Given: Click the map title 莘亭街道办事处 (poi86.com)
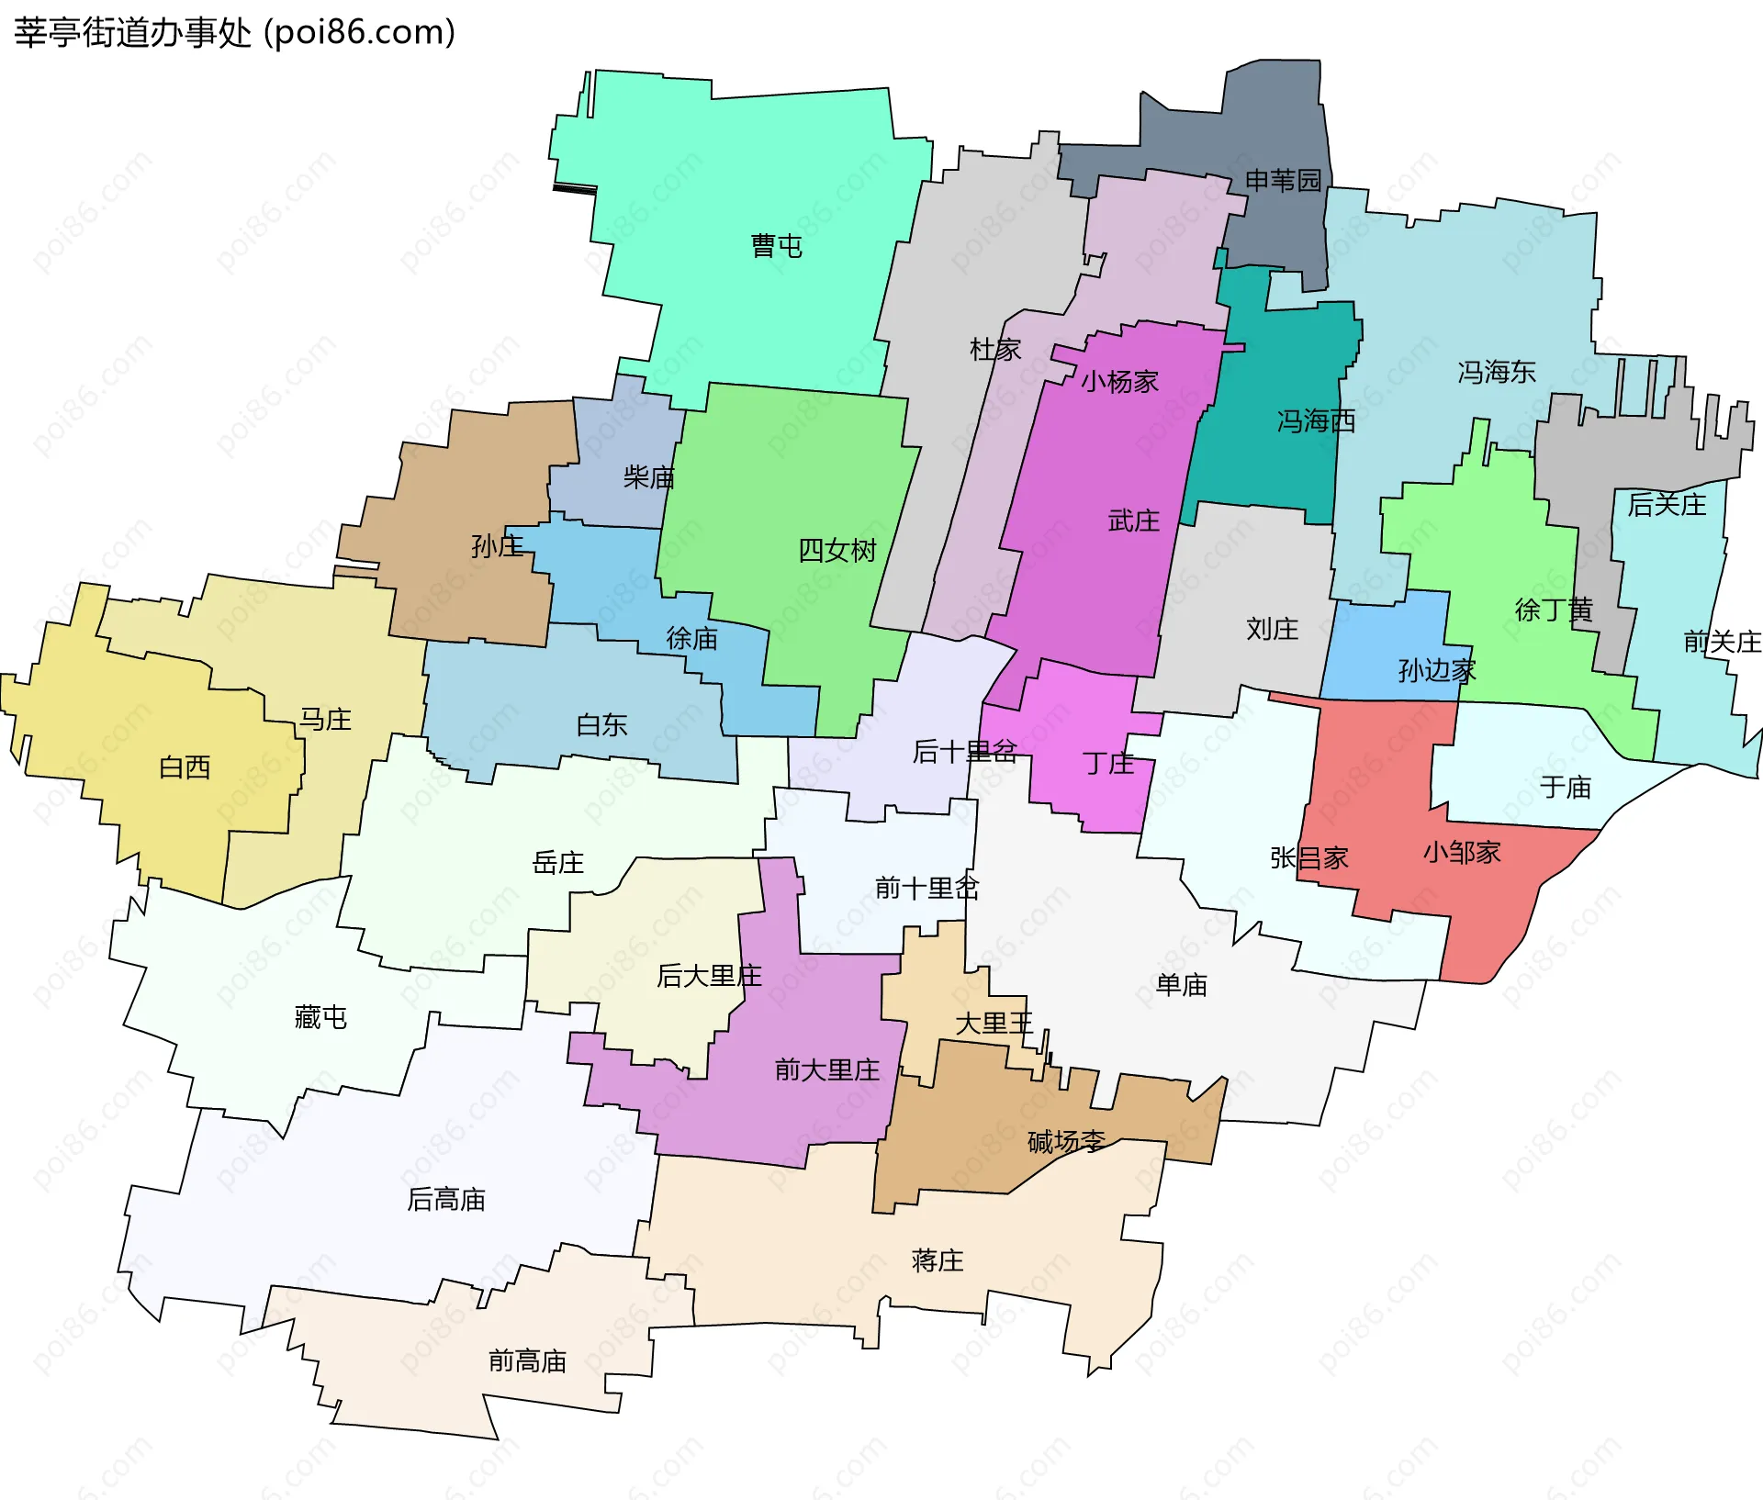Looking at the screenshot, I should pyautogui.click(x=234, y=33).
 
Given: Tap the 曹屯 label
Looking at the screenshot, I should pyautogui.click(x=776, y=246).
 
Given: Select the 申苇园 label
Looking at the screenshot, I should pyautogui.click(x=1283, y=180).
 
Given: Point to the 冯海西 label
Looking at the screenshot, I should pyautogui.click(x=1316, y=421).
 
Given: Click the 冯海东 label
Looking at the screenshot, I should pyautogui.click(x=1496, y=372).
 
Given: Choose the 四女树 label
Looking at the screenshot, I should pyautogui.click(x=837, y=551).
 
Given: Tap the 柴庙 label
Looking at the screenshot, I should pyautogui.click(x=648, y=477).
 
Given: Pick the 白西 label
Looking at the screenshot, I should pyautogui.click(x=185, y=767).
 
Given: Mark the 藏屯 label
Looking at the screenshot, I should pyautogui.click(x=320, y=1017).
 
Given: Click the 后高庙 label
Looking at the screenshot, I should pyautogui.click(x=445, y=1199).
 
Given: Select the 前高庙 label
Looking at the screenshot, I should pyautogui.click(x=527, y=1360).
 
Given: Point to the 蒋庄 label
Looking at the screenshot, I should pyautogui.click(x=938, y=1260).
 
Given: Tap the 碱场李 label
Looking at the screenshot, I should pyautogui.click(x=1066, y=1142).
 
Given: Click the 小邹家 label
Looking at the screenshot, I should pyautogui.click(x=1462, y=853).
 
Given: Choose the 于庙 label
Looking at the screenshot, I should pyautogui.click(x=1566, y=787).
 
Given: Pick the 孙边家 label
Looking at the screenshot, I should pyautogui.click(x=1437, y=671).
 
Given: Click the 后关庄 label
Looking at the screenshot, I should pyautogui.click(x=1667, y=505).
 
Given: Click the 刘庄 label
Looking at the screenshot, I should pyautogui.click(x=1272, y=629).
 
